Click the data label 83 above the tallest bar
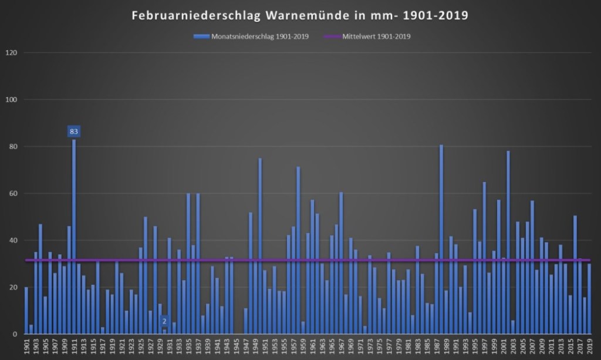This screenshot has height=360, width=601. [x=74, y=132]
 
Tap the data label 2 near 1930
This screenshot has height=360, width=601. [x=164, y=321]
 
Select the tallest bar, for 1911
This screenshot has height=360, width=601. [x=74, y=235]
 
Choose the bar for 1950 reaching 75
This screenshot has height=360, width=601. [x=260, y=247]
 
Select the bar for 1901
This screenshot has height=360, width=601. [x=26, y=311]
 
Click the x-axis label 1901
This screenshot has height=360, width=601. [x=26, y=346]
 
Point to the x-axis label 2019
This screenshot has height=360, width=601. [x=589, y=346]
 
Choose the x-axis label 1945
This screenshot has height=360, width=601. [x=237, y=346]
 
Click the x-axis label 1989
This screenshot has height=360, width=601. [x=446, y=346]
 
